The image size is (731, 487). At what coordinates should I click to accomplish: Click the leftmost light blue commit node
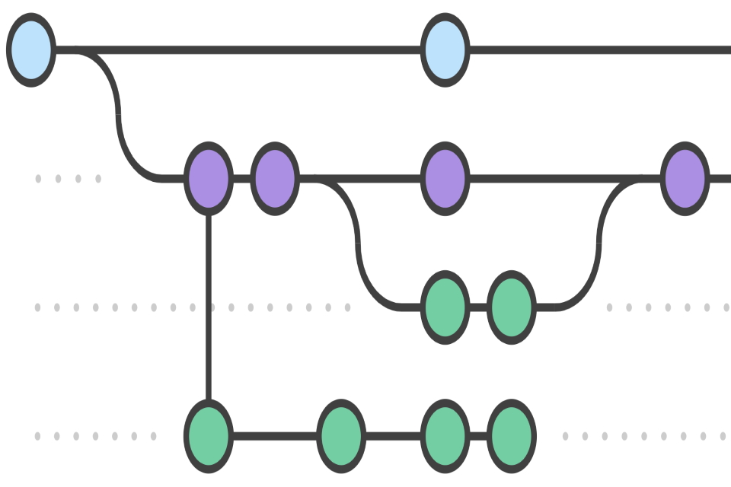[x=31, y=50]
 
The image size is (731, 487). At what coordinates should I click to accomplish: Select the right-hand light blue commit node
[x=445, y=50]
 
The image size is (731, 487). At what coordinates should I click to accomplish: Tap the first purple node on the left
[x=208, y=179]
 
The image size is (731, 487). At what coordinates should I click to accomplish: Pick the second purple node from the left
[x=274, y=179]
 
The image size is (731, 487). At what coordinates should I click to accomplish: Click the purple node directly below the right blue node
[x=445, y=179]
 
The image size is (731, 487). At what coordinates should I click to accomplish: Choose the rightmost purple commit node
[x=685, y=179]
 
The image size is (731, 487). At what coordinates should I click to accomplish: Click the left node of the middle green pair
[x=445, y=307]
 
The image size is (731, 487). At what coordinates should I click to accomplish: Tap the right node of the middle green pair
[x=511, y=307]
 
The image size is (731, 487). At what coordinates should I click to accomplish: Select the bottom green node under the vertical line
[x=208, y=436]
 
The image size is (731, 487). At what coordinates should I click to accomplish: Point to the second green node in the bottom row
[x=340, y=436]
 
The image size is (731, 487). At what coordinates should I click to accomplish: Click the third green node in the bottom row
[x=445, y=436]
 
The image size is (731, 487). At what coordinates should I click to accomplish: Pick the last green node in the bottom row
[x=511, y=436]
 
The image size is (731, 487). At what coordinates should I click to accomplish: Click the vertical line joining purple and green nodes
[x=208, y=304]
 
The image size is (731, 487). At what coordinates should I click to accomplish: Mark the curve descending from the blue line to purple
[x=119, y=114]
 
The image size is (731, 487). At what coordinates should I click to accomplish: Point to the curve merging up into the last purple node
[x=599, y=243]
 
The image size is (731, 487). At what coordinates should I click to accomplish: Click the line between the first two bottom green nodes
[x=274, y=436]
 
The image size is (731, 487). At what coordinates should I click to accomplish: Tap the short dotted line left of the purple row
[x=68, y=179]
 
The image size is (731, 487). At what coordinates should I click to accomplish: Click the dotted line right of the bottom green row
[x=643, y=436]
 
